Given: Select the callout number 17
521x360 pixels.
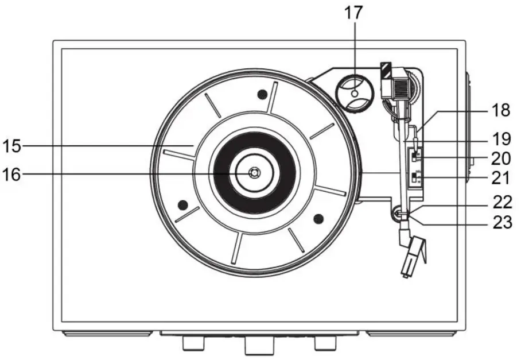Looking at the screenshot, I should pyautogui.click(x=354, y=13).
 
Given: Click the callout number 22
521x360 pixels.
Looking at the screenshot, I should pyautogui.click(x=501, y=202).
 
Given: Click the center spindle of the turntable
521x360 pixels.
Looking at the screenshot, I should pyautogui.click(x=254, y=172).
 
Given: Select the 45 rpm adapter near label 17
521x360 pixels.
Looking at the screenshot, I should pyautogui.click(x=355, y=93).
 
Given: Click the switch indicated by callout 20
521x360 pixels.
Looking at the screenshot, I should pyautogui.click(x=414, y=155).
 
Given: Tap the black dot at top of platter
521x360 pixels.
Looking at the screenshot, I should pyautogui.click(x=262, y=94).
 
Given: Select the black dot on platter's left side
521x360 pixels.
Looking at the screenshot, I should pyautogui.click(x=183, y=204).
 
